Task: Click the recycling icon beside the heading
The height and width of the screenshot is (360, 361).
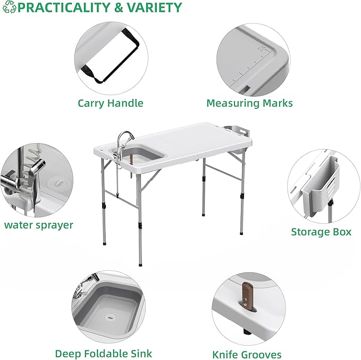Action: click(9, 8)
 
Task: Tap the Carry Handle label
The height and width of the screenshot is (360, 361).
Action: click(111, 103)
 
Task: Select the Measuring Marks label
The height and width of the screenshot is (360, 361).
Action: click(249, 103)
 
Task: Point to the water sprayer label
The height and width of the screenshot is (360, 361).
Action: click(39, 225)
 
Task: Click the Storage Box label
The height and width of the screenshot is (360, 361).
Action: click(321, 232)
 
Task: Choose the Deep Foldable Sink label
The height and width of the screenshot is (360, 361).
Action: click(104, 353)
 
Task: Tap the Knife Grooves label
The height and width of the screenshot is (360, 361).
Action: click(247, 354)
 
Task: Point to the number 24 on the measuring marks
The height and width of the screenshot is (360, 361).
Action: click(261, 49)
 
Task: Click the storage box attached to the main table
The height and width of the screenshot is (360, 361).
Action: click(234, 131)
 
